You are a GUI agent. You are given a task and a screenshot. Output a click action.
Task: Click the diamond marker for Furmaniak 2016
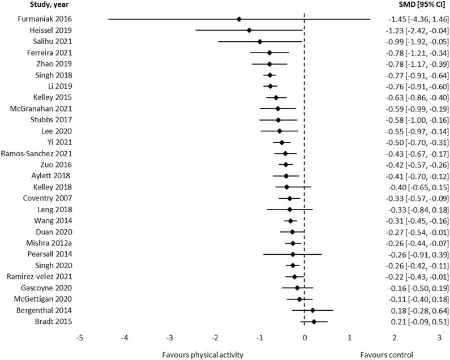click(239, 19)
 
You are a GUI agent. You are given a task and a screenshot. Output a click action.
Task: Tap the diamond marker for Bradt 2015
click(314, 322)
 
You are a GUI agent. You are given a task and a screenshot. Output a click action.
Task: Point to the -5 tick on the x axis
click(80, 337)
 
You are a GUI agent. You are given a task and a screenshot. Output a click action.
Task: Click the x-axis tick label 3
click(439, 337)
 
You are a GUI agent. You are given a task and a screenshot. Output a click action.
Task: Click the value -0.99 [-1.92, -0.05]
click(413, 41)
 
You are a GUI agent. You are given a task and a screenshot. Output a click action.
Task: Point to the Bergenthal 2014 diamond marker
click(312, 310)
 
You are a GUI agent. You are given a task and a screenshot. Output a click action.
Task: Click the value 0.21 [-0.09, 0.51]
click(415, 322)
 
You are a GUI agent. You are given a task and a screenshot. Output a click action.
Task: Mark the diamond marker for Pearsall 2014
click(293, 254)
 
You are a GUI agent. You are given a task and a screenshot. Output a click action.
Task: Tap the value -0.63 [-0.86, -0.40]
click(413, 97)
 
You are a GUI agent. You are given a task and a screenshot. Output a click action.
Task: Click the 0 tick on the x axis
click(305, 337)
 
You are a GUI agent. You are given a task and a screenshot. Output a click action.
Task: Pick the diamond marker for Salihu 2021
click(260, 41)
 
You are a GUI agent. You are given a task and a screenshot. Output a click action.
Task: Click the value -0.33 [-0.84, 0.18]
click(414, 209)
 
